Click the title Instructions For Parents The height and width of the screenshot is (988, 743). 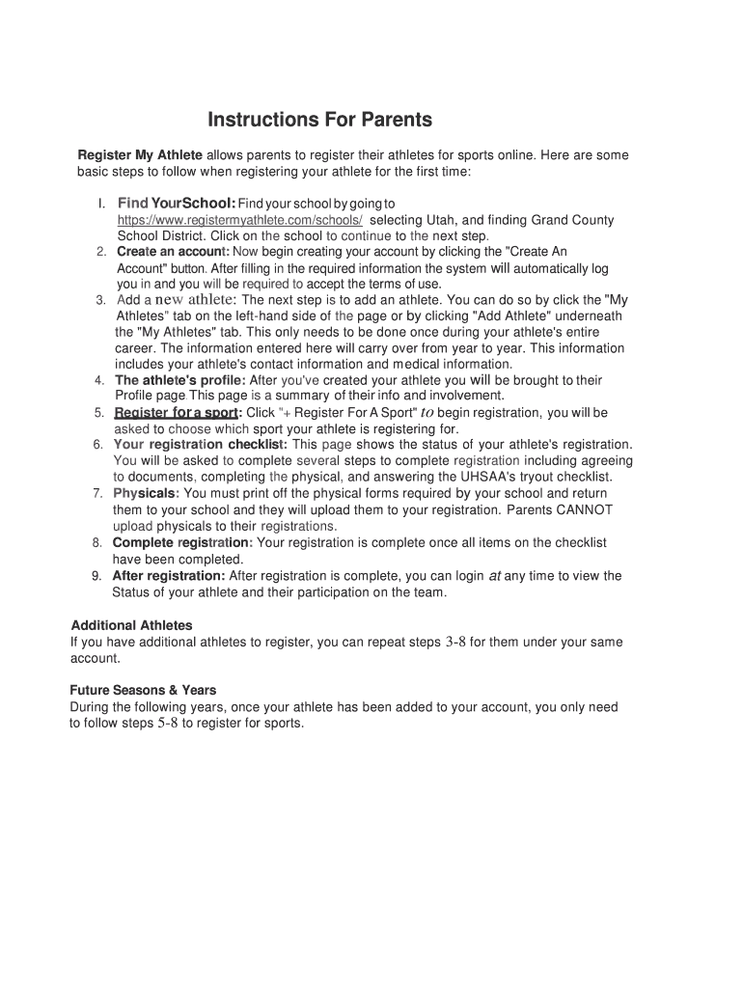coord(320,121)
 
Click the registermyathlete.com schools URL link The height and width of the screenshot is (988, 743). coord(240,220)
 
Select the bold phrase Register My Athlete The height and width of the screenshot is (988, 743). coord(140,154)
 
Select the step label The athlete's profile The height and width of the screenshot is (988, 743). coord(180,380)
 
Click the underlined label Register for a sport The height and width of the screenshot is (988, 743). coord(177,413)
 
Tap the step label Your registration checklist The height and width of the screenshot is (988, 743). coord(200,445)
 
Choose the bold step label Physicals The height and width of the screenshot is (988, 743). coord(146,493)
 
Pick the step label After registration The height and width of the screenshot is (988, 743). coord(169,576)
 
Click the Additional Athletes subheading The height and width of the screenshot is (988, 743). coord(132,625)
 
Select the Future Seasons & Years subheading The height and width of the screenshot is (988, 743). coord(143,690)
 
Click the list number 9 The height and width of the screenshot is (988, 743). coord(96,576)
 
